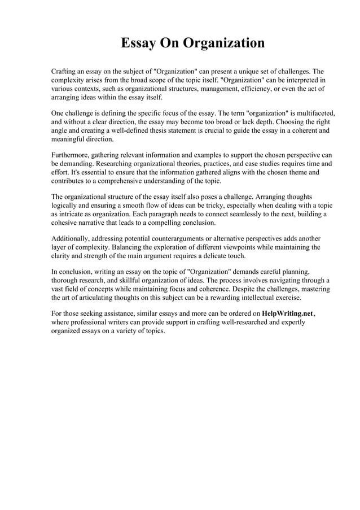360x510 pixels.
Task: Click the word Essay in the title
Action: coord(141,43)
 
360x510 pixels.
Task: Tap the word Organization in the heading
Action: coord(223,43)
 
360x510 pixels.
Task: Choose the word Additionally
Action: coord(72,238)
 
